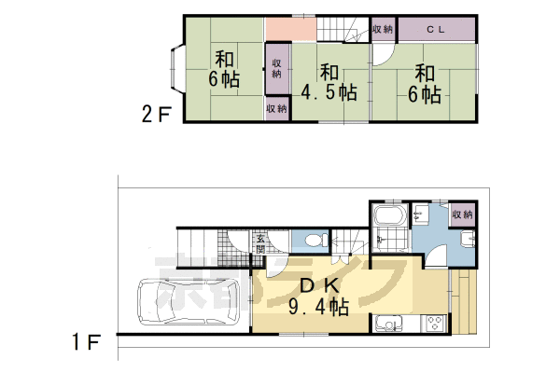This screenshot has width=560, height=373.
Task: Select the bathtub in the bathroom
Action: [x=387, y=224]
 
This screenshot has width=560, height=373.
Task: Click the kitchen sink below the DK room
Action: [x=387, y=326]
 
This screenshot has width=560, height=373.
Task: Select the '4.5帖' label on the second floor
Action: [x=329, y=92]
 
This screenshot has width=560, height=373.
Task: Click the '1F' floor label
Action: [x=86, y=343]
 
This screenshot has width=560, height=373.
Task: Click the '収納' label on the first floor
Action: [x=462, y=214]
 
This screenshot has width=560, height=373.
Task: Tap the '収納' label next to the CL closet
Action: [x=383, y=29]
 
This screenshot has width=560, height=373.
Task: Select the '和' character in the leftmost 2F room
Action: [x=224, y=56]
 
